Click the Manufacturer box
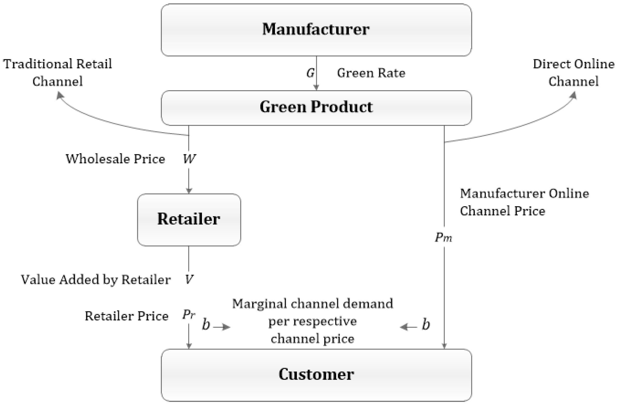316,30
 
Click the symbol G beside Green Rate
310,73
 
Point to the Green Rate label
371,73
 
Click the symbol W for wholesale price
189,159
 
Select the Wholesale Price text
115,159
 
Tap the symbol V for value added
189,280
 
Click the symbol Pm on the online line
443,237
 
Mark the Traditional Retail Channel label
57,73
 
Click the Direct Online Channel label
573,73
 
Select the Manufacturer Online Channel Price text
524,202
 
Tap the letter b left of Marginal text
206,325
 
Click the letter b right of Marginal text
426,325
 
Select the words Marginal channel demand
312,304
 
